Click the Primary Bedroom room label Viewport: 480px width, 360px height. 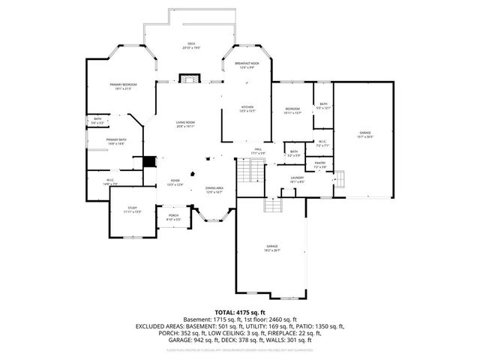[x=123, y=86]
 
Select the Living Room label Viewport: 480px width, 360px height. [x=185, y=124]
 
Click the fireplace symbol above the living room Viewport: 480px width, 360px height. [x=190, y=77]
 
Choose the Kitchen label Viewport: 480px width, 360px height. [x=247, y=109]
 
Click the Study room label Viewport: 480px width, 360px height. [x=132, y=210]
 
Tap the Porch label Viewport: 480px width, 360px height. [x=173, y=217]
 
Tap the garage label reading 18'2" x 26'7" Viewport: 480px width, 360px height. [x=271, y=247]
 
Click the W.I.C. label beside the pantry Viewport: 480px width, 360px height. [x=321, y=143]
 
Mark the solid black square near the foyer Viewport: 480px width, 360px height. [x=148, y=163]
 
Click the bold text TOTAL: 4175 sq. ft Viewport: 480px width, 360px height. [x=240, y=312]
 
